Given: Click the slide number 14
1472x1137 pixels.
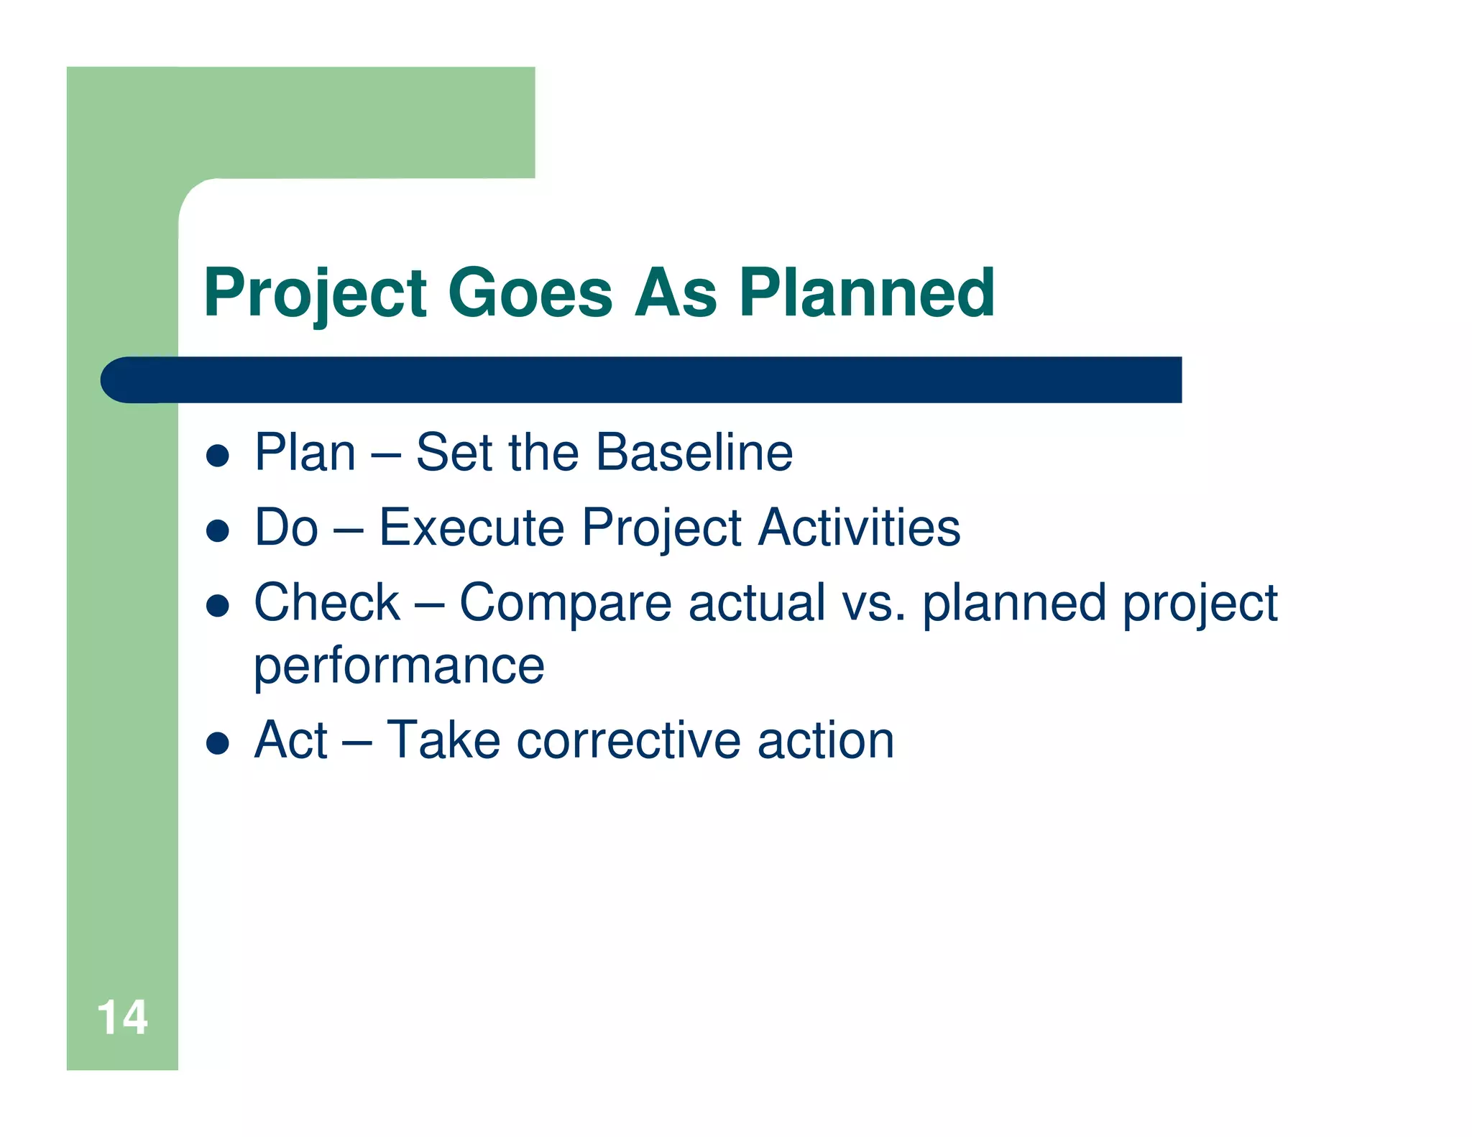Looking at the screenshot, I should (x=122, y=1018).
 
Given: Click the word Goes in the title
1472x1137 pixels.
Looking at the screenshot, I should (x=530, y=293).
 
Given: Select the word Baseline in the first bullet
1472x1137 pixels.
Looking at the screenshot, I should (x=694, y=453).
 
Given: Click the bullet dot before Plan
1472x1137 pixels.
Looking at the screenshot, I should (x=217, y=456).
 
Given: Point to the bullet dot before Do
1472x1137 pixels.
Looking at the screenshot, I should (x=217, y=531).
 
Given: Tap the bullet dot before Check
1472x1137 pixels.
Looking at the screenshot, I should (x=217, y=606).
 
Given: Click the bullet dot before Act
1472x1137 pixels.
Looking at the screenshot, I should (x=217, y=743).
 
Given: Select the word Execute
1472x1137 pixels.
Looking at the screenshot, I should (x=471, y=528).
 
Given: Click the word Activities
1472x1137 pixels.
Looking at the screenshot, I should (x=860, y=528).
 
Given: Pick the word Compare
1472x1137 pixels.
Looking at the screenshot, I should (x=566, y=603).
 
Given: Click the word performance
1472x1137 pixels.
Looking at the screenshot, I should (x=399, y=667).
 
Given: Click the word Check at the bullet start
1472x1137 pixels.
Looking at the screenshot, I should (x=327, y=603).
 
